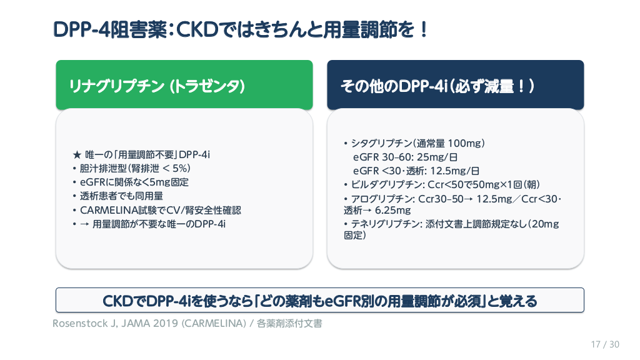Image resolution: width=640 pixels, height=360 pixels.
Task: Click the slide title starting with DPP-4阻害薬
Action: [x=241, y=30]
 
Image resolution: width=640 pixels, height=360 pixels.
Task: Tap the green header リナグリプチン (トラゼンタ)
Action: [x=157, y=86]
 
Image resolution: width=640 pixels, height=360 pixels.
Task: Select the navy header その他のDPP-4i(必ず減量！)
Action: [x=437, y=86]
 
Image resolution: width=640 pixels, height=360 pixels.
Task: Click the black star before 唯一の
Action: [x=77, y=155]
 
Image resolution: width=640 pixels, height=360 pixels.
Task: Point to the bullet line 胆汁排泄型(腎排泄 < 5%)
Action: [x=132, y=169]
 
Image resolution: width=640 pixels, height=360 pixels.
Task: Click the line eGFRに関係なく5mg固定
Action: [x=131, y=182]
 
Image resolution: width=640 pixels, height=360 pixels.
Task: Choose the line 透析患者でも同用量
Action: [x=118, y=196]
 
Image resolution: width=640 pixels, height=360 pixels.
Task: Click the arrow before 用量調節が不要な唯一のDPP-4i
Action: [x=84, y=224]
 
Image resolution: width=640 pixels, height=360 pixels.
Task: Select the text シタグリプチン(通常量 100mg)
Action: [x=418, y=143]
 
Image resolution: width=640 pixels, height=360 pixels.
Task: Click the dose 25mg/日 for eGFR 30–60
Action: [x=437, y=157]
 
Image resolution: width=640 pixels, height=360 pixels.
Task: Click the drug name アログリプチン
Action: [x=382, y=199]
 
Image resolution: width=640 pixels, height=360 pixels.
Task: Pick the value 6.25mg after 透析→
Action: [x=392, y=211]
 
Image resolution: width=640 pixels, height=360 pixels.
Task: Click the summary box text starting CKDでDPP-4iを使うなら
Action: [x=319, y=301]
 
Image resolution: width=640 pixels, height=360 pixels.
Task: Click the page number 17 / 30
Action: [x=605, y=344]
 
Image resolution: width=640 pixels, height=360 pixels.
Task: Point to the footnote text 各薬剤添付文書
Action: [x=289, y=324]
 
